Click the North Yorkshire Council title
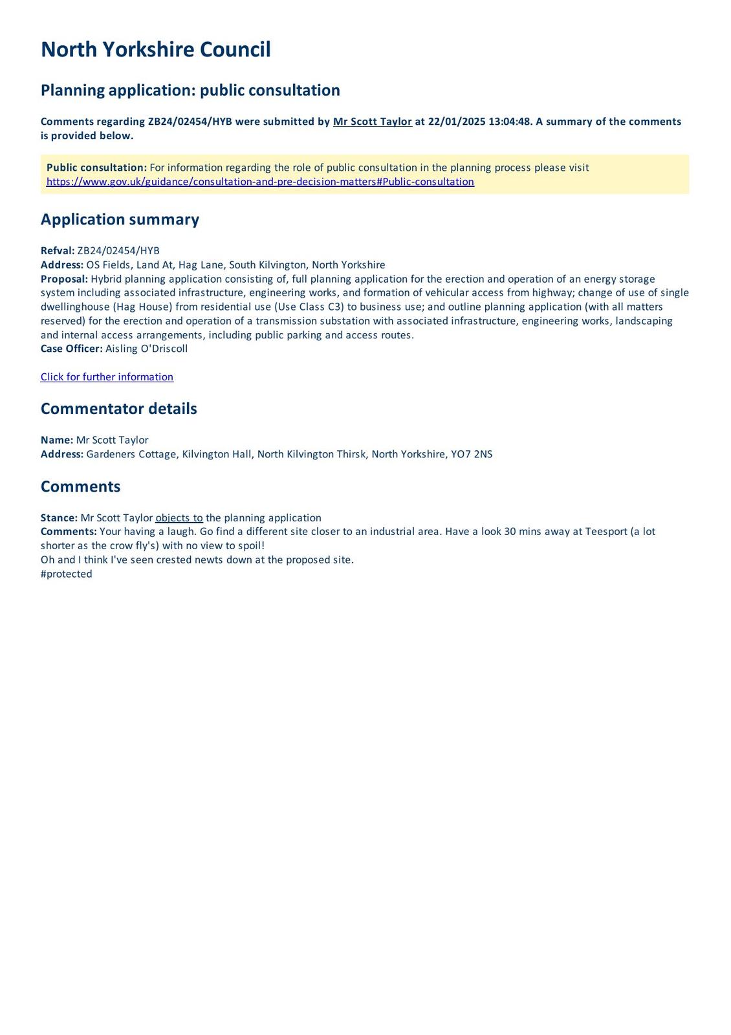[x=155, y=50]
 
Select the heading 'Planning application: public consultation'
[x=190, y=90]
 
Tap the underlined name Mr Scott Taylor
[x=372, y=122]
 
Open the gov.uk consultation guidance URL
[x=260, y=182]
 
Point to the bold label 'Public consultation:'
[x=96, y=168]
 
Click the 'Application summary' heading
[x=120, y=219]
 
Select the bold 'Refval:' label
[x=58, y=251]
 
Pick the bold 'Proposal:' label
[x=64, y=279]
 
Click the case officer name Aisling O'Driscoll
[x=146, y=349]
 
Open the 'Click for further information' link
[x=107, y=377]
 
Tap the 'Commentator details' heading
[x=118, y=409]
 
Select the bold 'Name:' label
[x=57, y=440]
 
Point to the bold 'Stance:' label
[x=59, y=518]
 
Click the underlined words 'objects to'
[x=179, y=518]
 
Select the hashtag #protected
[x=66, y=574]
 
